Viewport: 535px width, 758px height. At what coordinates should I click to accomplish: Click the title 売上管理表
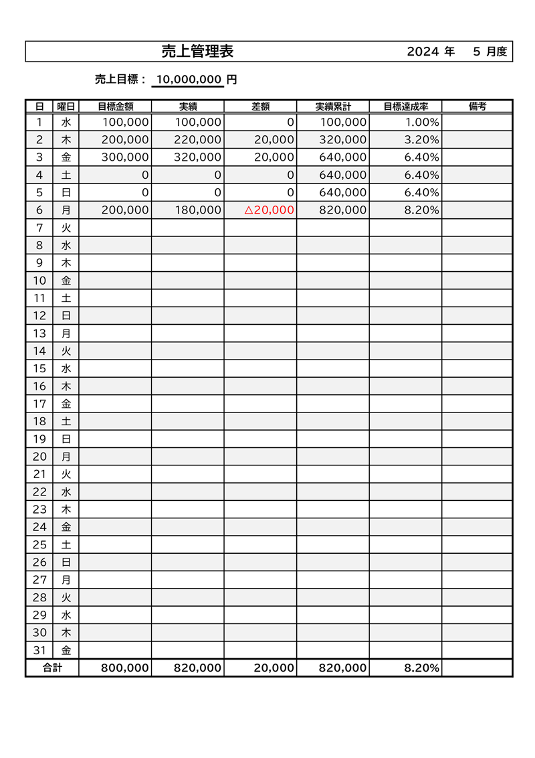point(197,52)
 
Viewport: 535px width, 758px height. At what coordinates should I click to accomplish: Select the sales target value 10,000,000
point(188,80)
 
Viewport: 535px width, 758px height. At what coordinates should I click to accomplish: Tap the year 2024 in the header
point(423,52)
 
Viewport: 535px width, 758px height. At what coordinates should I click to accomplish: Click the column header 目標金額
point(115,106)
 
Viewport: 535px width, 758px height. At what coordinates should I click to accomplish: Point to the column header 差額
point(260,106)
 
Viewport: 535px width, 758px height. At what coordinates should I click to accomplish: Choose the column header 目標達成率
point(405,106)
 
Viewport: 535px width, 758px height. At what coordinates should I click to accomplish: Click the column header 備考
point(477,106)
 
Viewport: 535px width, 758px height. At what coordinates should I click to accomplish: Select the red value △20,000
point(269,210)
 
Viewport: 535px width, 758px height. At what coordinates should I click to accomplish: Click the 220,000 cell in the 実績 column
point(198,140)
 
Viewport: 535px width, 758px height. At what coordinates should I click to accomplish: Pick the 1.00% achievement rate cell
point(422,123)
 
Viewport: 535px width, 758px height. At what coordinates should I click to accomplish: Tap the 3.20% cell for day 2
point(422,140)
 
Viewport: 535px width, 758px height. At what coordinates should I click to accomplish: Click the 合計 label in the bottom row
point(52,668)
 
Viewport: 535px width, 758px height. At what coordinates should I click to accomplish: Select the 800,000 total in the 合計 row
point(124,668)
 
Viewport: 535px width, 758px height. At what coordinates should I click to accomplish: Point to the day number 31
point(39,650)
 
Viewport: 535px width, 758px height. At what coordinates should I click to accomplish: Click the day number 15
point(39,368)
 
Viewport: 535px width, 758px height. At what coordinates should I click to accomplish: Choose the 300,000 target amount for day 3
point(125,157)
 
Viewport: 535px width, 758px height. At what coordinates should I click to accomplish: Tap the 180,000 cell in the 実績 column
point(198,210)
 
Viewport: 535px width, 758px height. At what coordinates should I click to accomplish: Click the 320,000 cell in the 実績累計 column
point(343,140)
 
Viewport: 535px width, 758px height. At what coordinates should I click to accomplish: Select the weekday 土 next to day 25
point(66,544)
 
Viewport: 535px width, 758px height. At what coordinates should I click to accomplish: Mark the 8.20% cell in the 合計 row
point(422,668)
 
